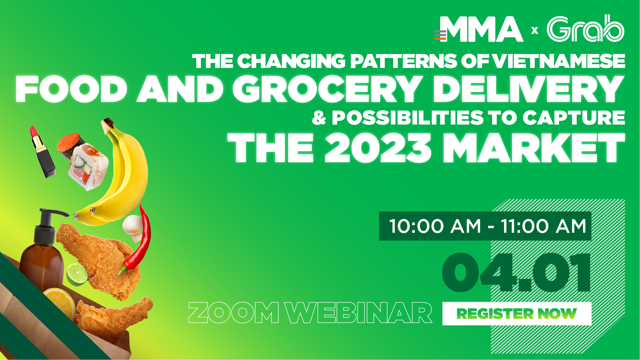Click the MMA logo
(478, 29)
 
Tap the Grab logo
(585, 28)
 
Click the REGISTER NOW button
(517, 314)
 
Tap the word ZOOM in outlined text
(234, 313)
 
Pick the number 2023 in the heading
(378, 148)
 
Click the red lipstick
(42, 152)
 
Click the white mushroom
(133, 228)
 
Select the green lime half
(77, 274)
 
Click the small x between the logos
(535, 31)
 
